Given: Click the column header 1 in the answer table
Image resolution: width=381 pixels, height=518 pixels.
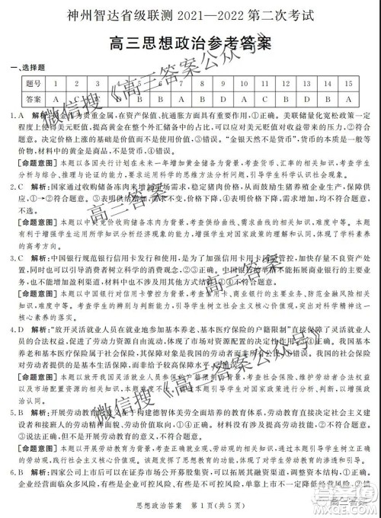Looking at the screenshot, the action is (x=56, y=83).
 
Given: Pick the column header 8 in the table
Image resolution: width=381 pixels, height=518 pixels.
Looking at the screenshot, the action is (x=202, y=83).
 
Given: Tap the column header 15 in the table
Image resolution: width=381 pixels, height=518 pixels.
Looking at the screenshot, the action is (x=347, y=83).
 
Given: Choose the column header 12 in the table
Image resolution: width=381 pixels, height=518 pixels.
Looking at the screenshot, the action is (x=285, y=83).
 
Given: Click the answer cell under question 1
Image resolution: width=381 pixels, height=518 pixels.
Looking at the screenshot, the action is (x=56, y=98).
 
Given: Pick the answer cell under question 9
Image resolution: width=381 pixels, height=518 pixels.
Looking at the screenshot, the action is (x=223, y=98).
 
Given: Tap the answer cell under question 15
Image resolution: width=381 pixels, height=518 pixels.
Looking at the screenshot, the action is (x=347, y=98).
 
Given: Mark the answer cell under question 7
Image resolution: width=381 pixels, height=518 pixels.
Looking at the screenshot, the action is (x=181, y=98).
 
